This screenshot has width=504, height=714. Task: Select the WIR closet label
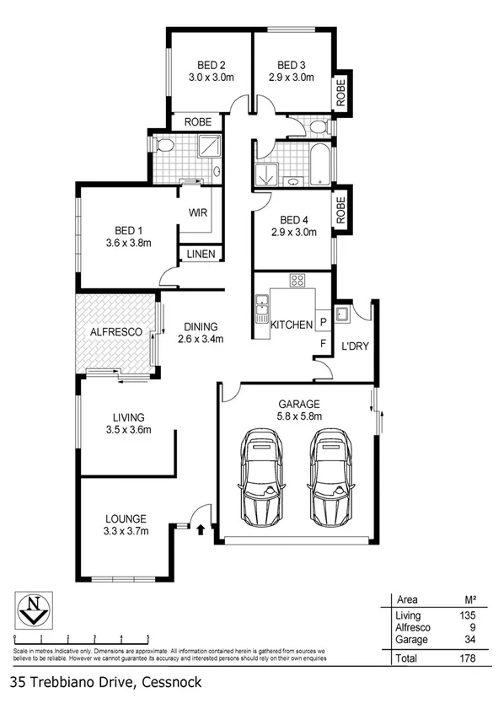[198, 214]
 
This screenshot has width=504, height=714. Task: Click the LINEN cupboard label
[200, 254]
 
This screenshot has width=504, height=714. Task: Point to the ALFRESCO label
[115, 332]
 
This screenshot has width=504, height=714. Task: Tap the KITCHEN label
[291, 324]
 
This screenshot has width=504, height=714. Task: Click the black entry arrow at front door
[201, 529]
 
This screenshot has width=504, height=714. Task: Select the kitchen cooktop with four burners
[298, 280]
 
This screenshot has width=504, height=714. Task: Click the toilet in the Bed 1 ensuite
[165, 148]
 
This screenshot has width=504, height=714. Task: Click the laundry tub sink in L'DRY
[343, 315]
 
